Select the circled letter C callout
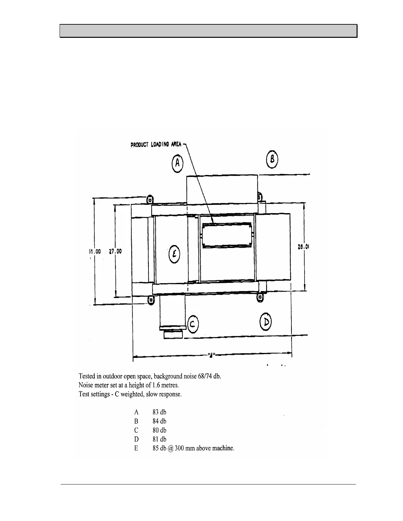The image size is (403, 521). click(x=193, y=324)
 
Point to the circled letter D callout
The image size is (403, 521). click(x=265, y=322)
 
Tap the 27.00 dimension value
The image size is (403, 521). click(x=115, y=251)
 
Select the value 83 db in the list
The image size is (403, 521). click(x=159, y=412)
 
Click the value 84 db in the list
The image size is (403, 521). click(x=159, y=421)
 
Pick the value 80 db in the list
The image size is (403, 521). click(x=159, y=430)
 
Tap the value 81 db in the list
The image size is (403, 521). click(x=159, y=439)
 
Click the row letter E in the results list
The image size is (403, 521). click(x=136, y=448)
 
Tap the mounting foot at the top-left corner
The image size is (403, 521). click(x=150, y=199)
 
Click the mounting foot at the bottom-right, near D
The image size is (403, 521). click(x=260, y=297)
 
